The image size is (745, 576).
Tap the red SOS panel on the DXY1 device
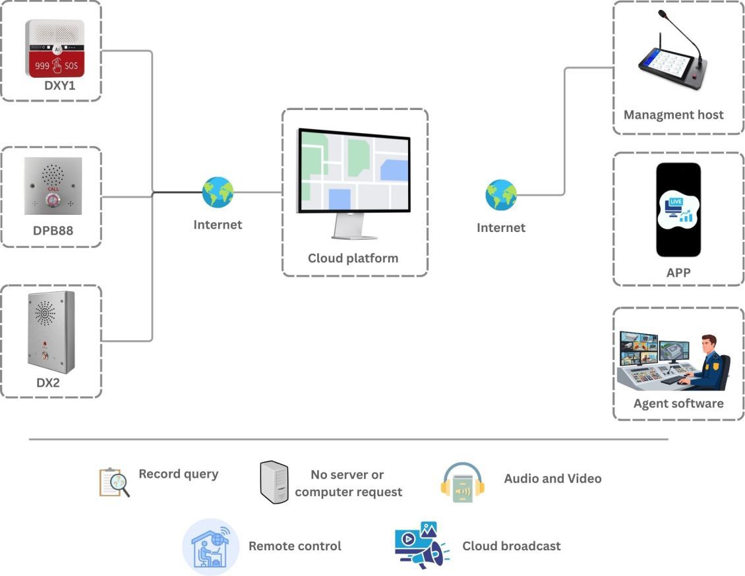coord(55,65)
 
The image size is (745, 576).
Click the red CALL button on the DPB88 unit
coord(53,198)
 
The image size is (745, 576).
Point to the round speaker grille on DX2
coord(45,312)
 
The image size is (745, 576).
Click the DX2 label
coord(48,382)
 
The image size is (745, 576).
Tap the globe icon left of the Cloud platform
coord(218,192)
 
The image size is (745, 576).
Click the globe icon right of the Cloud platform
coord(501,195)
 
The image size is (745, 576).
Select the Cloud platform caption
coord(353,258)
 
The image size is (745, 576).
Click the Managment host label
coord(673,115)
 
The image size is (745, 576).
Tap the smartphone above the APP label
coord(678,210)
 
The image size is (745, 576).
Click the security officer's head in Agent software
coord(708,345)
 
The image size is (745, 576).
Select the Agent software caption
coord(678,403)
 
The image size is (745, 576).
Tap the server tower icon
coord(273,482)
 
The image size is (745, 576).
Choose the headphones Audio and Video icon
coord(462,483)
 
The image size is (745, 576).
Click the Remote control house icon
coord(210,546)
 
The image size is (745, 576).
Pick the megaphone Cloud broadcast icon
coord(422,546)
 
